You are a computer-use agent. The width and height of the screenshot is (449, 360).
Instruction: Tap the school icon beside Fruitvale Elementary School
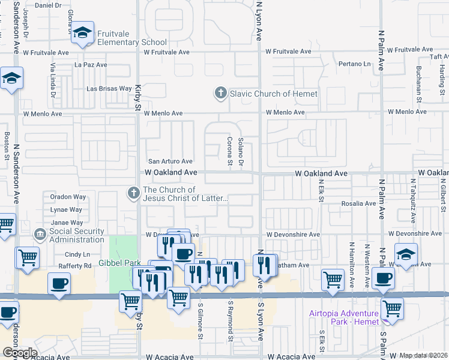(x=83, y=34)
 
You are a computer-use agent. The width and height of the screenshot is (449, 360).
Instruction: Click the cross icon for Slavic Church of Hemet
(x=220, y=93)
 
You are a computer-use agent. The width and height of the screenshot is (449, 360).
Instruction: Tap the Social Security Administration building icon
(x=40, y=233)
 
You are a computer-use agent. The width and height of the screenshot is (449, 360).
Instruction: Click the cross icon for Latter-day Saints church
(x=132, y=193)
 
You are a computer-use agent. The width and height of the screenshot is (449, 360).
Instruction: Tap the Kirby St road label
(x=137, y=95)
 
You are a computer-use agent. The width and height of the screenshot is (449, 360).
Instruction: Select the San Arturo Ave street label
(x=170, y=161)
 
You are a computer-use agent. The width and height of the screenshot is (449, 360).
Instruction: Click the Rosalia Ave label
(x=358, y=203)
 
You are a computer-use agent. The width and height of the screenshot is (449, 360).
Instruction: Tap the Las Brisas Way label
(x=109, y=88)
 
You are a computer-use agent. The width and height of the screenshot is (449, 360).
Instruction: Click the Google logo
(x=19, y=353)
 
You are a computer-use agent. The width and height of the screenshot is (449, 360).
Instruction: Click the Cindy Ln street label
(x=77, y=254)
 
